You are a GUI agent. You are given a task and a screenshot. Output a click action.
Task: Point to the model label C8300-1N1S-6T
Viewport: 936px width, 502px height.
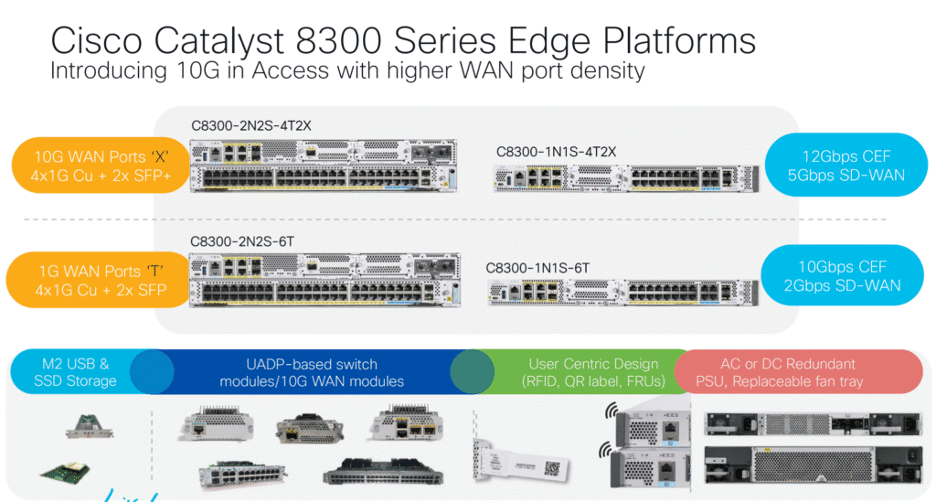[538, 267]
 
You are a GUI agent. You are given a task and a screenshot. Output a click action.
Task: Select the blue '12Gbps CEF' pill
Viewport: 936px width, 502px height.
[846, 165]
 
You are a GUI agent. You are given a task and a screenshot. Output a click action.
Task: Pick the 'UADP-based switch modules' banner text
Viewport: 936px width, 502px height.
[311, 372]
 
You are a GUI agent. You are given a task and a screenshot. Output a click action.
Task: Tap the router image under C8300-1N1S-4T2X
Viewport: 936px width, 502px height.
[626, 177]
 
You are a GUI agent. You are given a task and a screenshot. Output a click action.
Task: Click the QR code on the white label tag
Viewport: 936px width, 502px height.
[551, 467]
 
